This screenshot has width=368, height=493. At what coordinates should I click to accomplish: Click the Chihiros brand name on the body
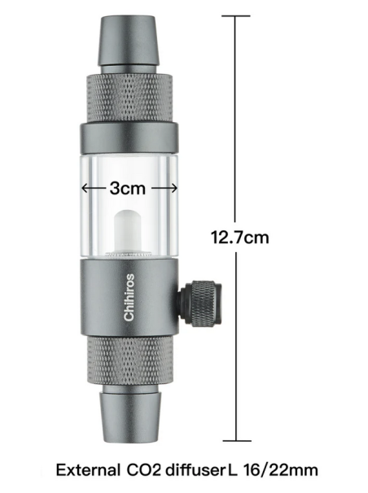click(130, 297)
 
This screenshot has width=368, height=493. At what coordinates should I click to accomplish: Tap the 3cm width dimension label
click(129, 187)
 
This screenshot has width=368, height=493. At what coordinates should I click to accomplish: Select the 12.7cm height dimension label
click(239, 238)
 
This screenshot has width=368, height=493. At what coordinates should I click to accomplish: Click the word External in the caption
click(94, 469)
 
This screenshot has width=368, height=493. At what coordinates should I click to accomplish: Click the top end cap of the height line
click(237, 15)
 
